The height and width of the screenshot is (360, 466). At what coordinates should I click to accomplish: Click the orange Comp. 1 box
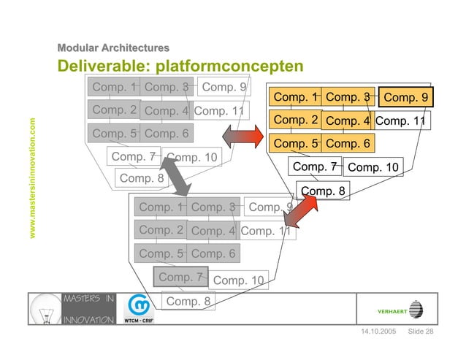point(295,97)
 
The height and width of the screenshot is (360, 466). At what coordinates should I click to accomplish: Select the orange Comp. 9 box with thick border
point(406,98)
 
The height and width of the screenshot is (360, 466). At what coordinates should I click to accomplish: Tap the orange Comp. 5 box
point(295,144)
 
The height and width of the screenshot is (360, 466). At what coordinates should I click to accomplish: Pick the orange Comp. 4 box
point(348,121)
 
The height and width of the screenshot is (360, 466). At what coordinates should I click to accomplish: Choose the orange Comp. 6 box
point(348,144)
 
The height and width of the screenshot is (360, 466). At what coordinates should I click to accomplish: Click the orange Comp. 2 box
point(295,120)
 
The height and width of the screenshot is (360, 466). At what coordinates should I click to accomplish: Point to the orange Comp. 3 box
point(348,97)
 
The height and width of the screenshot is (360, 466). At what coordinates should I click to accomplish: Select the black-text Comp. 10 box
point(373,168)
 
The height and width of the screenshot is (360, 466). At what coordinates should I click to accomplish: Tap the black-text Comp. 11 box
point(400,121)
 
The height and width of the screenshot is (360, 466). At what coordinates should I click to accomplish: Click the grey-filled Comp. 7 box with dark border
point(180,277)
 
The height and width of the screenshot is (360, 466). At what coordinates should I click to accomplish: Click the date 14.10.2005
point(378,333)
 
